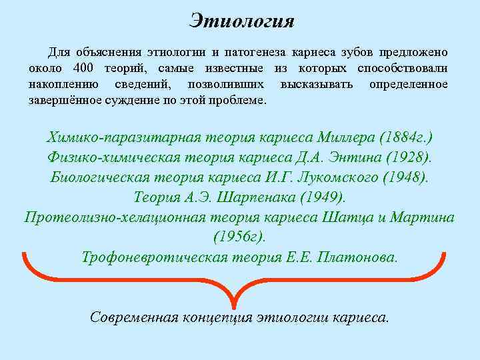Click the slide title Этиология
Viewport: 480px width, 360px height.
(241, 21)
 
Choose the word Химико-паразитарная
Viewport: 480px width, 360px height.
(124, 137)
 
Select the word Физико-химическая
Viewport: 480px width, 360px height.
(118, 157)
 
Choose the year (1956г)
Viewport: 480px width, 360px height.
(239, 237)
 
